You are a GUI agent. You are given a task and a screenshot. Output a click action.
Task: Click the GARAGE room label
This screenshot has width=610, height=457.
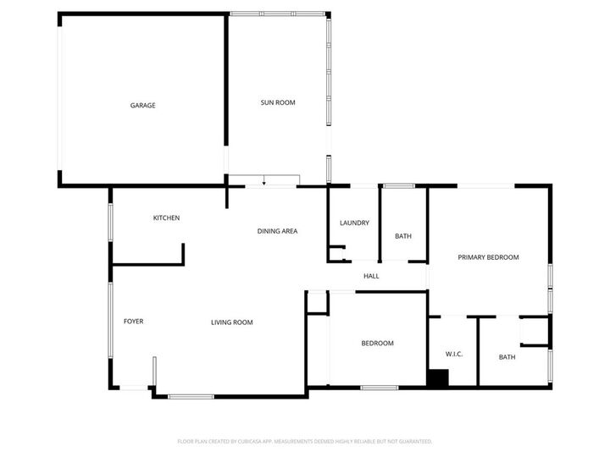pyautogui.click(x=142, y=106)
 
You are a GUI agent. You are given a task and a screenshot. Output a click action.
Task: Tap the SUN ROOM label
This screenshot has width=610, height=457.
pyautogui.click(x=277, y=102)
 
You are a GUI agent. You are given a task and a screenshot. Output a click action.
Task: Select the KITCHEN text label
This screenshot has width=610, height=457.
pyautogui.click(x=166, y=218)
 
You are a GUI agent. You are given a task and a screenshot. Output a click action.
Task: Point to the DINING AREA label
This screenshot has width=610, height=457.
pyautogui.click(x=278, y=231)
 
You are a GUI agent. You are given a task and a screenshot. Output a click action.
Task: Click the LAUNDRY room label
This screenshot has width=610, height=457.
pyautogui.click(x=354, y=223)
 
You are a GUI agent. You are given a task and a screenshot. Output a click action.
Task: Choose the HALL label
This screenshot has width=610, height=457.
pyautogui.click(x=371, y=276)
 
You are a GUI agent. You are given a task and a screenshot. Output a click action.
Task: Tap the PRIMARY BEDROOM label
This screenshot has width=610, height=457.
pyautogui.click(x=488, y=257)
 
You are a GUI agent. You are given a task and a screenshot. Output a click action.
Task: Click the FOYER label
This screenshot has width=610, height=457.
pyautogui.click(x=134, y=322)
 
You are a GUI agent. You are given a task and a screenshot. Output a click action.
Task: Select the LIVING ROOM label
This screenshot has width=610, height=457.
pyautogui.click(x=232, y=322)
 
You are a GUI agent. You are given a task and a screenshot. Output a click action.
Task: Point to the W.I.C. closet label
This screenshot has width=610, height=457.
pyautogui.click(x=454, y=353)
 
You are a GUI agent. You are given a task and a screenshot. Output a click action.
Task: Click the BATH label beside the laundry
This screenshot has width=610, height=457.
pyautogui.click(x=403, y=235)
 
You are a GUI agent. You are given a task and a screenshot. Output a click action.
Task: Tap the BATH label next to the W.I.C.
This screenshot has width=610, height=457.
pyautogui.click(x=507, y=357)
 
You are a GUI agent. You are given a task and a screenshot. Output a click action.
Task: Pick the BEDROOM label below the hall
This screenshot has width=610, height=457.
pyautogui.click(x=378, y=344)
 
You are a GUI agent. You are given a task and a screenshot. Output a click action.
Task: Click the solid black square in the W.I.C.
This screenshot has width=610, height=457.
pyautogui.click(x=437, y=379)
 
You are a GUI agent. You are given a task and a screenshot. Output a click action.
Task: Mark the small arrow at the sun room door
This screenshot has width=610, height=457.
pyautogui.click(x=264, y=181)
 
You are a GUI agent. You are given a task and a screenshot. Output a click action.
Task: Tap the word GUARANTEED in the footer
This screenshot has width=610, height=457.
pyautogui.click(x=410, y=441)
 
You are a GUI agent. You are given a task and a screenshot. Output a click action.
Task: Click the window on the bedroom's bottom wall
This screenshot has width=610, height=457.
pyautogui.click(x=379, y=388)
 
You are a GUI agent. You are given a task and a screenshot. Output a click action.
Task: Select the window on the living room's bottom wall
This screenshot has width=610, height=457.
pyautogui.click(x=190, y=395)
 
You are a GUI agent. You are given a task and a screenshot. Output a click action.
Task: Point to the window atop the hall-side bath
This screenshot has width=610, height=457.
pyautogui.click(x=399, y=185)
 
